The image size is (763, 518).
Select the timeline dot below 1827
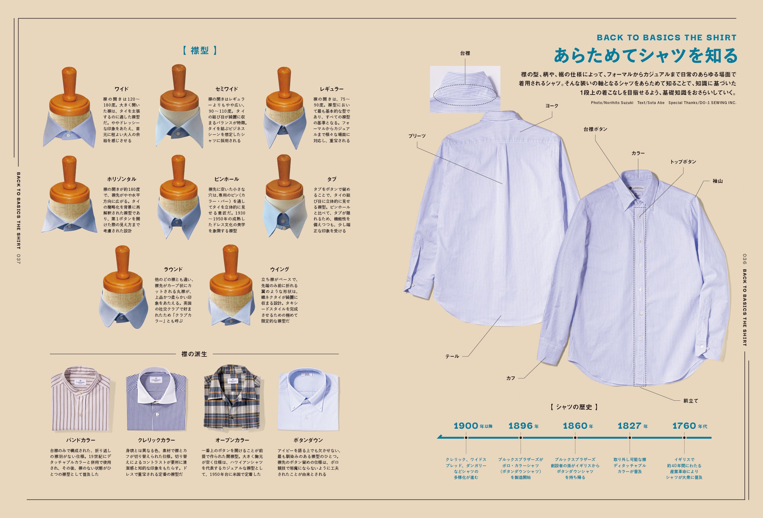point(630,438)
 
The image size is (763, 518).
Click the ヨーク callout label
point(552,106)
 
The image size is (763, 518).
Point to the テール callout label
point(452,356)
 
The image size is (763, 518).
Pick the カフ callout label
point(510,378)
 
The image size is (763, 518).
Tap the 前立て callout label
point(691,401)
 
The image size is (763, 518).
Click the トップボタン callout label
point(683,162)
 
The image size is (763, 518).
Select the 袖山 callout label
point(717,181)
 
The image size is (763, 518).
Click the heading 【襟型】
point(200,50)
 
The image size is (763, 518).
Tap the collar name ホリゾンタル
point(122,179)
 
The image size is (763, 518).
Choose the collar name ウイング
point(279,269)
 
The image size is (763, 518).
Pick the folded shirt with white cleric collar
point(156,399)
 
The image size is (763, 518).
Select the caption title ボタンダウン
point(308,440)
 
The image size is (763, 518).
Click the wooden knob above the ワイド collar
point(69,82)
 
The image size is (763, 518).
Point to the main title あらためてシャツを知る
point(645,55)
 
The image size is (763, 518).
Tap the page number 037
point(18,259)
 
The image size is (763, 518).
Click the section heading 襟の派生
point(194,354)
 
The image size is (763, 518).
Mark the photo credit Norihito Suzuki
point(612,103)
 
